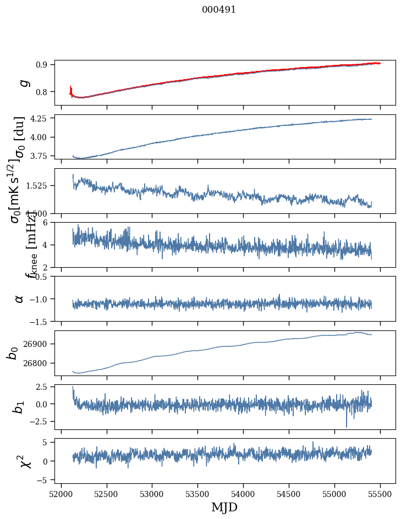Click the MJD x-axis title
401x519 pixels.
click(x=224, y=507)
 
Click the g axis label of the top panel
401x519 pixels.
click(x=23, y=82)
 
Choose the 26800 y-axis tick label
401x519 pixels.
click(x=38, y=363)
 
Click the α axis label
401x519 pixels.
click(x=20, y=299)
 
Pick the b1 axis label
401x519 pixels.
click(x=19, y=407)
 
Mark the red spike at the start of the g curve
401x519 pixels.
click(x=71, y=90)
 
